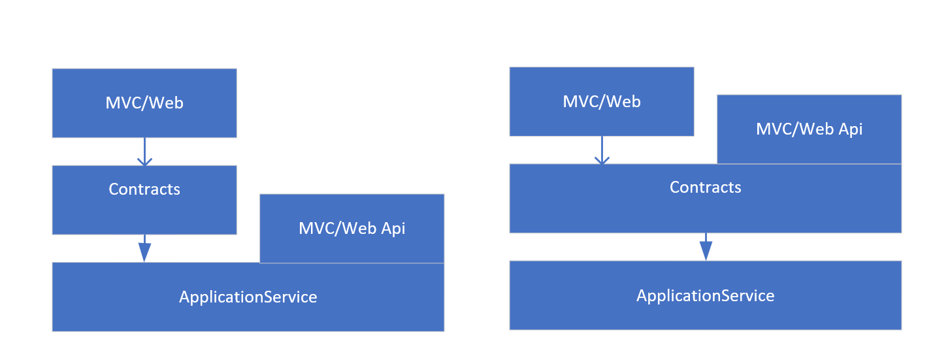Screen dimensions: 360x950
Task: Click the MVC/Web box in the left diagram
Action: (x=144, y=103)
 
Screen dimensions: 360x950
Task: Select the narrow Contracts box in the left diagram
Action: (x=144, y=199)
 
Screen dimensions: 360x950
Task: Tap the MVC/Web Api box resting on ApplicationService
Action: (x=352, y=228)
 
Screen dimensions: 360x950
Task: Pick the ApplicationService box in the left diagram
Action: (x=248, y=297)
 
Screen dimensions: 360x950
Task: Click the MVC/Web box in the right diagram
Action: (x=601, y=101)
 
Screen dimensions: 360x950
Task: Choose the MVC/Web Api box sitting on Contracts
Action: (x=809, y=129)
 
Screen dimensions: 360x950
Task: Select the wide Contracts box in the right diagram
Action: (x=705, y=198)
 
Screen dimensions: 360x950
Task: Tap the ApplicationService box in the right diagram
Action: (x=705, y=295)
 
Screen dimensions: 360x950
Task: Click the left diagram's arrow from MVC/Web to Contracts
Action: (x=144, y=152)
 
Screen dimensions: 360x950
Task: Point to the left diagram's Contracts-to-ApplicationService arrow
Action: (x=144, y=248)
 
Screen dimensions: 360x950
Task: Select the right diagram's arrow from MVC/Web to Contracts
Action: (x=601, y=150)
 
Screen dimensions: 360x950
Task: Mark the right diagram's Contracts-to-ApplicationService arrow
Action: (x=706, y=246)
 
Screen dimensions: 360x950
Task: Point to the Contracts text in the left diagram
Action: (x=144, y=189)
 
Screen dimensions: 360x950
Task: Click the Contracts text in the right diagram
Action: (x=705, y=188)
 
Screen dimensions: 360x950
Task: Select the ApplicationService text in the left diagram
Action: (x=248, y=297)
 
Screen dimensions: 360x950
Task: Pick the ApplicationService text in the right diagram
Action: (x=705, y=295)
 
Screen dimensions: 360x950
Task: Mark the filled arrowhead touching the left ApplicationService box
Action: (x=144, y=254)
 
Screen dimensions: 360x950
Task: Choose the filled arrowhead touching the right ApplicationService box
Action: (x=706, y=252)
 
